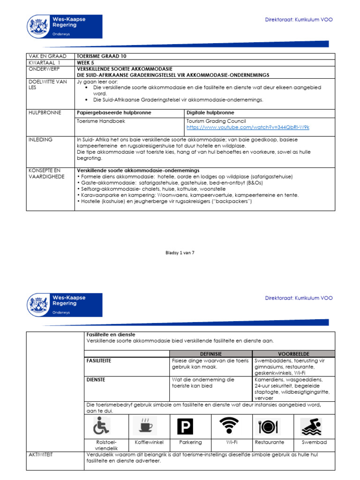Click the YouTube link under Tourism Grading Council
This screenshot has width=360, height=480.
247,127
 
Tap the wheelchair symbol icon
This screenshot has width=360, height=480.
101,426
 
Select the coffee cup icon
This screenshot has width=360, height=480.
144,426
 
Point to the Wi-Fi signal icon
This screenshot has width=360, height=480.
229,426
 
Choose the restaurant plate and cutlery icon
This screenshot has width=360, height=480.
269,426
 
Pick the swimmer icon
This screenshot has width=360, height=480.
314,426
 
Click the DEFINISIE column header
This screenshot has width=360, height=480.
210,353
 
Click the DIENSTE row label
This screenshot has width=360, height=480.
96,380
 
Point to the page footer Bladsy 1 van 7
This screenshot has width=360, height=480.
180,253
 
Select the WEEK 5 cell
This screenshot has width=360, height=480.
86,62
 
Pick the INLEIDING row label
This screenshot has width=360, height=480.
40,140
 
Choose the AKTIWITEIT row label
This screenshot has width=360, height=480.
41,455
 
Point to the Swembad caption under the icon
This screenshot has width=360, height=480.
315,442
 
